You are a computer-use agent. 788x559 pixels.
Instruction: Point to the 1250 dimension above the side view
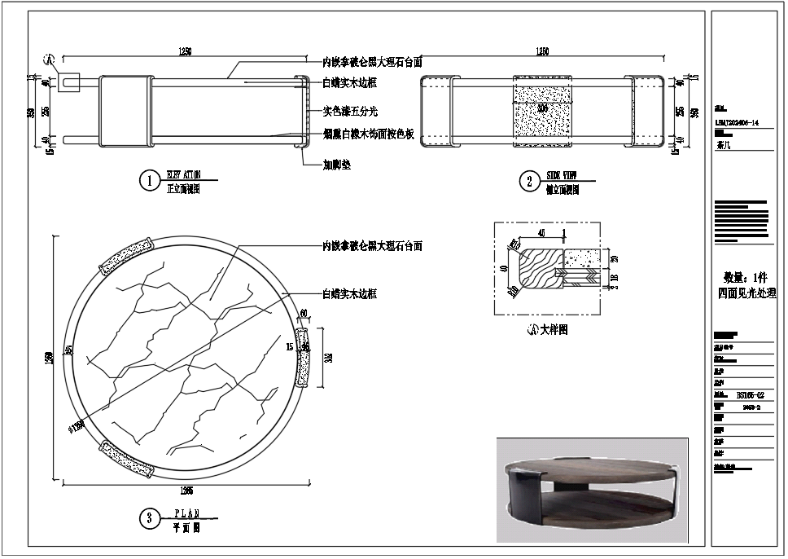[541, 52]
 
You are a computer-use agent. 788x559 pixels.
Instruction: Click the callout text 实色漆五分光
[350, 111]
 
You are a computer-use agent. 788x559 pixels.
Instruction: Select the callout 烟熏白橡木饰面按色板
[369, 134]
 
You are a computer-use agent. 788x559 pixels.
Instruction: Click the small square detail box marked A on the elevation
[68, 81]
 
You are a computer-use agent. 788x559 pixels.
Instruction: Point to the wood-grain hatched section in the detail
[536, 265]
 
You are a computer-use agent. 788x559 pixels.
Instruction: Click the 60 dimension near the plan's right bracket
[304, 313]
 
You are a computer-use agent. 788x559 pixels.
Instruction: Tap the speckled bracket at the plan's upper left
[126, 257]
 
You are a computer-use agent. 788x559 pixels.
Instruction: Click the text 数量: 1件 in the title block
[745, 276]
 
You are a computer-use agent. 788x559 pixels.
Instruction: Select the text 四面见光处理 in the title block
[745, 293]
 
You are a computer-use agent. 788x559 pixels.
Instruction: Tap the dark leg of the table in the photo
[522, 496]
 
